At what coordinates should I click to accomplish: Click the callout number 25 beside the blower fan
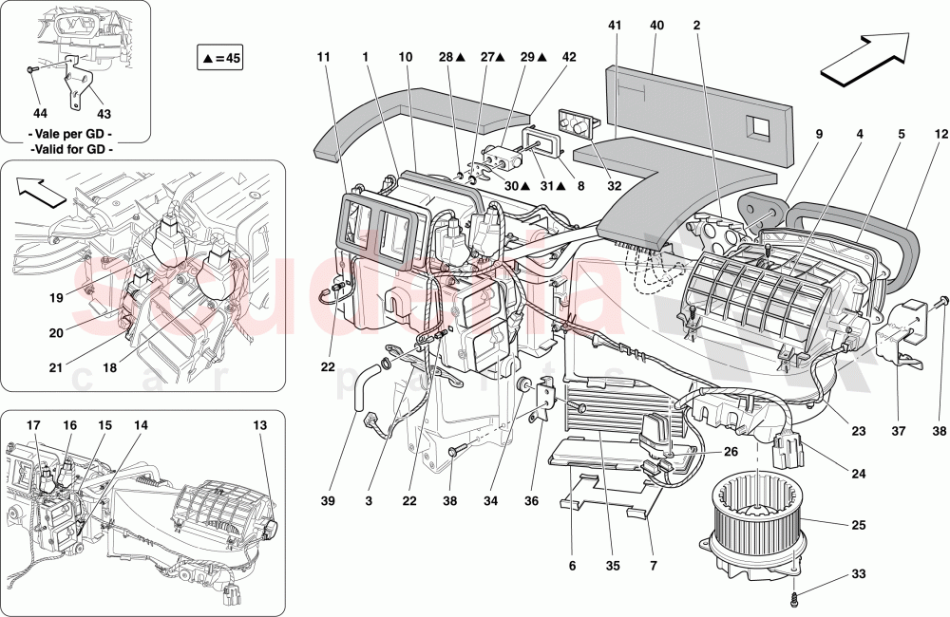858,524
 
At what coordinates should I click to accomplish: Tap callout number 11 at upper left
323,57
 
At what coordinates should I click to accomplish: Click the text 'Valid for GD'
71,149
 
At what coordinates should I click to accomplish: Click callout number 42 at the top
569,57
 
